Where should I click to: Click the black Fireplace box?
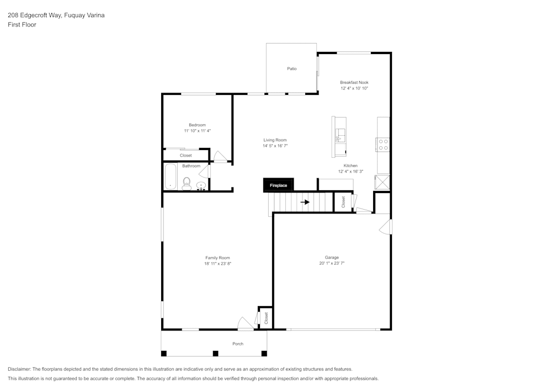(x=278, y=185)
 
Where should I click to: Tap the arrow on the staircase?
(x=305, y=202)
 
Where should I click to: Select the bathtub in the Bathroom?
(x=170, y=177)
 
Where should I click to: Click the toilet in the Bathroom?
(x=187, y=184)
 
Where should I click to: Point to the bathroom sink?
(x=201, y=186)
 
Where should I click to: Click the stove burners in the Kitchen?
(x=383, y=145)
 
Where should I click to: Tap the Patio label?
(x=291, y=69)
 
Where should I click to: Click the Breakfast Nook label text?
(x=354, y=82)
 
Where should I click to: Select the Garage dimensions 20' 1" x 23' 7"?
(x=331, y=264)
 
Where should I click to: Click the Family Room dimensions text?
(x=217, y=264)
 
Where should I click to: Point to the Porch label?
(x=238, y=344)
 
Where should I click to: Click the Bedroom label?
(x=197, y=125)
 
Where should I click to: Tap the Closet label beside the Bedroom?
(x=186, y=156)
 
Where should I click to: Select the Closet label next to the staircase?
(x=343, y=202)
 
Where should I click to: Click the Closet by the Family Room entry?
(x=266, y=318)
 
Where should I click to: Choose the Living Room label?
(x=275, y=140)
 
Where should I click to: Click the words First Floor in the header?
(x=22, y=25)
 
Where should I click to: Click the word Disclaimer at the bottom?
(x=19, y=369)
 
